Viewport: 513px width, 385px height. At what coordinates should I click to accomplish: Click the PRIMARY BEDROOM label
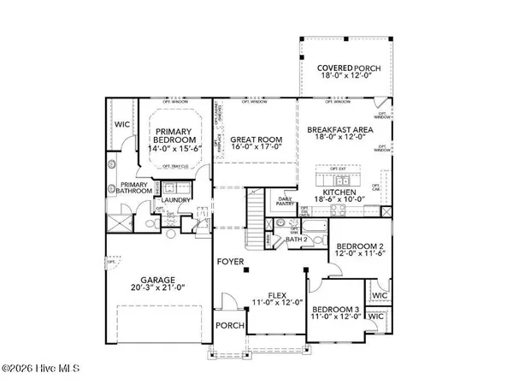click(x=176, y=135)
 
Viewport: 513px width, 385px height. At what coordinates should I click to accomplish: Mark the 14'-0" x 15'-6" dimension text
click(x=176, y=149)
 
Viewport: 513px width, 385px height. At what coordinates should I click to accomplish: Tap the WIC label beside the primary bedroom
click(x=121, y=124)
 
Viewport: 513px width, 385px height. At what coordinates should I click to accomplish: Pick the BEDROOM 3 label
click(x=332, y=310)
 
